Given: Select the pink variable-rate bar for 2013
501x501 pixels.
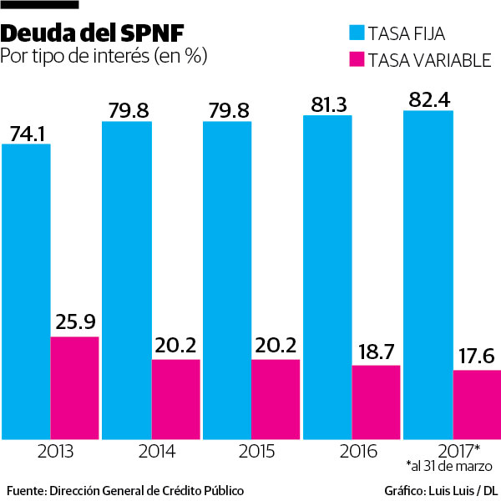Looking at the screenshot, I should [x=75, y=387].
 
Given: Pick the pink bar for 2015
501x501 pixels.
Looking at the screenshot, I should [x=276, y=398].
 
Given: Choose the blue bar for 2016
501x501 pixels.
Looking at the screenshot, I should [x=327, y=276].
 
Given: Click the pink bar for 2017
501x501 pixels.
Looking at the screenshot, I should [x=477, y=404].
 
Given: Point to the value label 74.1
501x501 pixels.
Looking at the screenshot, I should [x=28, y=133].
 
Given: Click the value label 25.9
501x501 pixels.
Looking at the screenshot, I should [x=75, y=321].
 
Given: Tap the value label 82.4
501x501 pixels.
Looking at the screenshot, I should [x=428, y=99].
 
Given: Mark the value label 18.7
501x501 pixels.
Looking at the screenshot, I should [x=377, y=350].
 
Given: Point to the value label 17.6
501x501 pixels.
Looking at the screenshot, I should [x=476, y=355].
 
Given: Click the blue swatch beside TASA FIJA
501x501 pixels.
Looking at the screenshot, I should [x=357, y=33].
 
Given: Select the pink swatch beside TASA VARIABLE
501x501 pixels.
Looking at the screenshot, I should [x=357, y=59].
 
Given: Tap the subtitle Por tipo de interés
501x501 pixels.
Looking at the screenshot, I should [x=104, y=57].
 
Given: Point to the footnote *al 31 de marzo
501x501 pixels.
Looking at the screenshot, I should [x=449, y=465].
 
